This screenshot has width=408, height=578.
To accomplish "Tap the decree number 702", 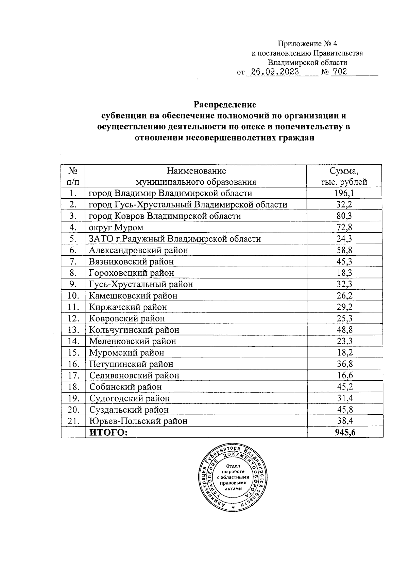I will (340, 72).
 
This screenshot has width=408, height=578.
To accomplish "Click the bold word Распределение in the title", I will (225, 104).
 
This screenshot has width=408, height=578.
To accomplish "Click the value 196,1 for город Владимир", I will (344, 193).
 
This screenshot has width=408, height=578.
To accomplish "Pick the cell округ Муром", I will (116, 227).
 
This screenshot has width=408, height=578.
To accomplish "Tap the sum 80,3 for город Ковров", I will (344, 216).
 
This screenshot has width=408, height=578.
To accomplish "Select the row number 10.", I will (73, 295).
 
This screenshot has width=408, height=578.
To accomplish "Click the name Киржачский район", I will (128, 307).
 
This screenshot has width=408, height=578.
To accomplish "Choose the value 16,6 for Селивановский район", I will (344, 375).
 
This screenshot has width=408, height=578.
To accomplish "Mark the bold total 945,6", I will (344, 432).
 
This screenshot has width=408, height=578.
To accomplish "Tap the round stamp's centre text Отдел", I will (233, 466).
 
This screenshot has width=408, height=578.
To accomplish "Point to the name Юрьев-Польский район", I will (138, 421).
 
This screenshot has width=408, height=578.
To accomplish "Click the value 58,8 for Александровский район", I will (344, 250).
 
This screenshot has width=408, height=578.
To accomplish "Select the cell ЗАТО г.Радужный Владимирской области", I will (175, 239).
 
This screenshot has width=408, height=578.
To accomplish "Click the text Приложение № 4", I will (307, 44).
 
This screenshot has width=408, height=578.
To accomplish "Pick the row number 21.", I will (73, 421).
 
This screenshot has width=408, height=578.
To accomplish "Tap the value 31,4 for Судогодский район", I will (344, 398).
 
